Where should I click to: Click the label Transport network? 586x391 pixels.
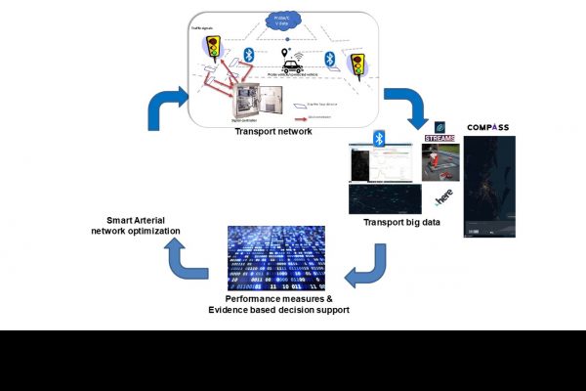tap(273, 131)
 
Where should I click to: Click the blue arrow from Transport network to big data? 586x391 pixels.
tap(405, 109)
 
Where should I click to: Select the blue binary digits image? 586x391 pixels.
tap(275, 256)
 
